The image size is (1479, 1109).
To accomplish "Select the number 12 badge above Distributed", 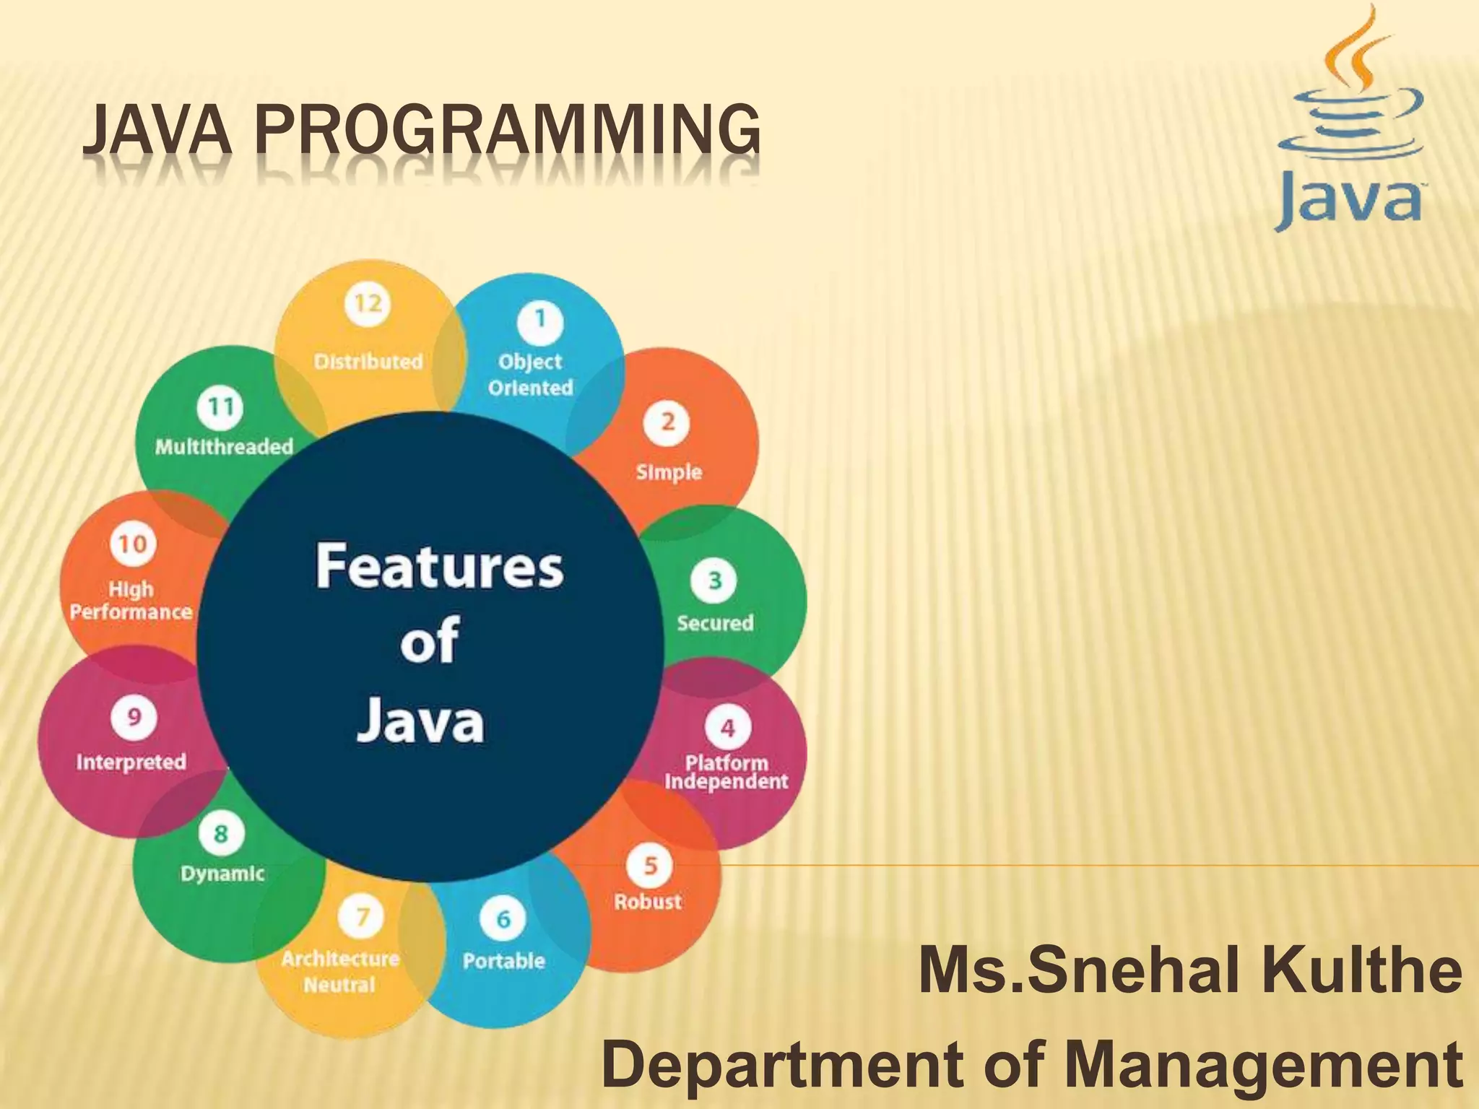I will pos(368,303).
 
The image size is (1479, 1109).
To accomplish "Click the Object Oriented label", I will pos(530,374).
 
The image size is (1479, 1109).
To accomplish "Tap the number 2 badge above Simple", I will pos(668,422).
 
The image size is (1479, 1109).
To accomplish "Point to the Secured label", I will pos(715,622).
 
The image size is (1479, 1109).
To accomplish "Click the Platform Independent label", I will pos(727,772).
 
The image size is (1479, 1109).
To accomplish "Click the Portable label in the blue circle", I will pos(503,961).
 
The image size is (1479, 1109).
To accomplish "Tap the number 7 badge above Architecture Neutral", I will pos(363,917).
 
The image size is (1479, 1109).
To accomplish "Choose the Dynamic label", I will pos(222,874).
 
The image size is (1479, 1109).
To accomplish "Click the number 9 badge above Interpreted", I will pos(134,717).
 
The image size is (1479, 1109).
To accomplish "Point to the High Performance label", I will pos(131,600).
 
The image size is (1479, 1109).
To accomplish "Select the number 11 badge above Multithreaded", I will pos(220,407).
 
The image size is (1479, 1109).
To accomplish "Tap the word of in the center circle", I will pos(430,640).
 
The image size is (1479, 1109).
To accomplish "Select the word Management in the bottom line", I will pos(1264,1066).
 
